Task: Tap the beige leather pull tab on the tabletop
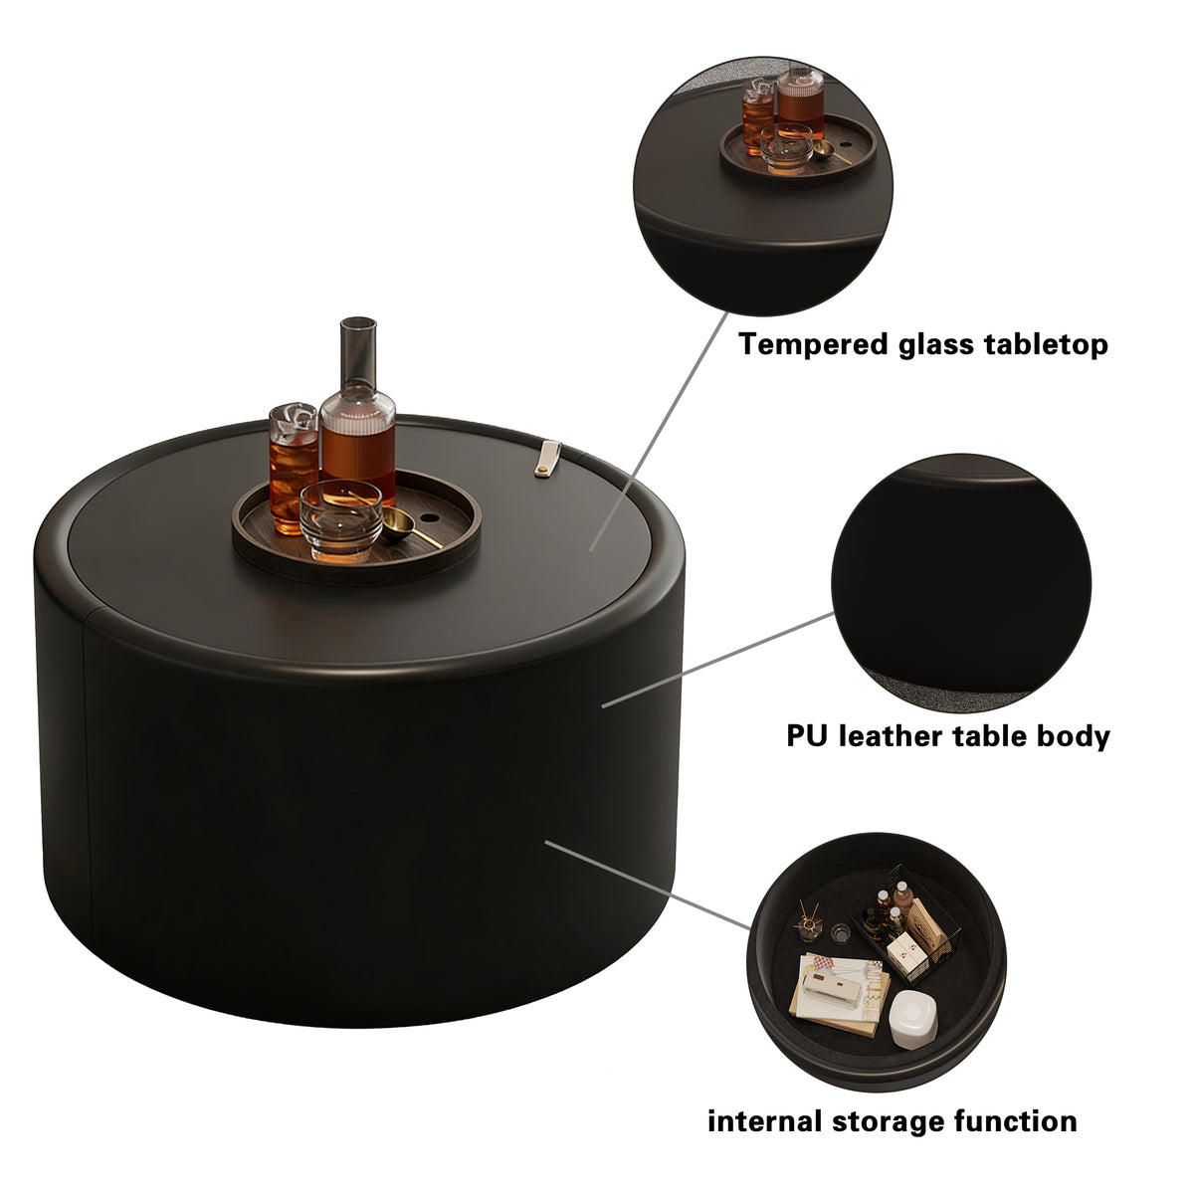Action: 547,459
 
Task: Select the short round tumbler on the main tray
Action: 340,520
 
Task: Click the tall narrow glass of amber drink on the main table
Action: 294,468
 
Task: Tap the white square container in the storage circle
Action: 912,1020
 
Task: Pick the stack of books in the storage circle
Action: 840,993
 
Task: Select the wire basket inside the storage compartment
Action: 902,926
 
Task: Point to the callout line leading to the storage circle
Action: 647,885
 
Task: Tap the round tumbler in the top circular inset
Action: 786,147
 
